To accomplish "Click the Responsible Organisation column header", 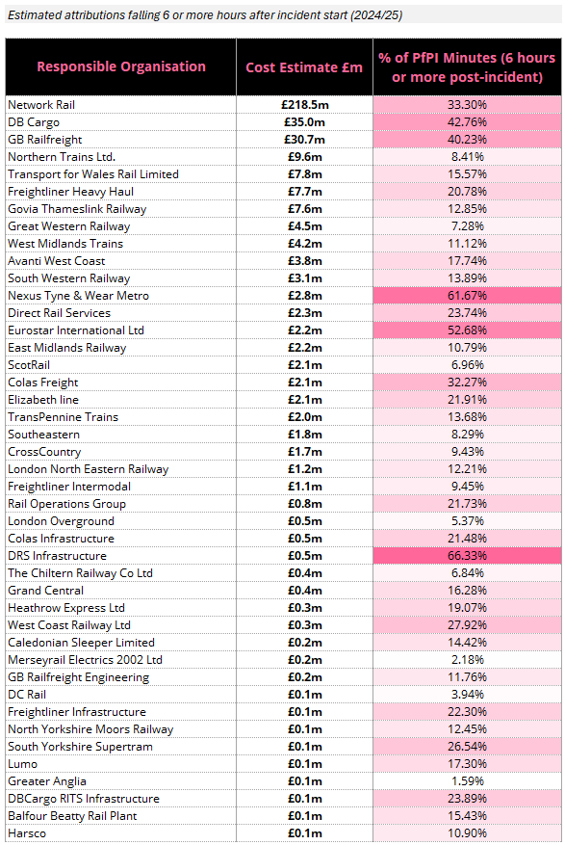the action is (121, 66).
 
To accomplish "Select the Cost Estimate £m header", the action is (304, 67).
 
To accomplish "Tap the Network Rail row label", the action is (41, 105).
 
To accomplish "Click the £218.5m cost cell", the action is (304, 105).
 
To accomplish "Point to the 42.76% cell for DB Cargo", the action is (467, 121).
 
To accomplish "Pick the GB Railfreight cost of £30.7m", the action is (304, 139).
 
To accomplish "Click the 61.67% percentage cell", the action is (467, 296).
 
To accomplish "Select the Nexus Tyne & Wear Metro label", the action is (79, 296).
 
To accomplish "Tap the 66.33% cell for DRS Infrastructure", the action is (467, 556).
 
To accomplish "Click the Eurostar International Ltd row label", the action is (76, 330).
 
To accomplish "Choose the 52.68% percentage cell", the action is (467, 330).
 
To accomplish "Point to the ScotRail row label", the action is (29, 365).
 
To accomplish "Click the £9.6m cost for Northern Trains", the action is (304, 156).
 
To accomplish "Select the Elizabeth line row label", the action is (43, 399).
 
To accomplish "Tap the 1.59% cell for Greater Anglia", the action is (467, 780).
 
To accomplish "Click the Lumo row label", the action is (22, 764).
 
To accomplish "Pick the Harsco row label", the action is (27, 833).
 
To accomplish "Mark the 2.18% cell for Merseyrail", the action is (467, 660).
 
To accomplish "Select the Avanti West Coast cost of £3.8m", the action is (304, 261).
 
